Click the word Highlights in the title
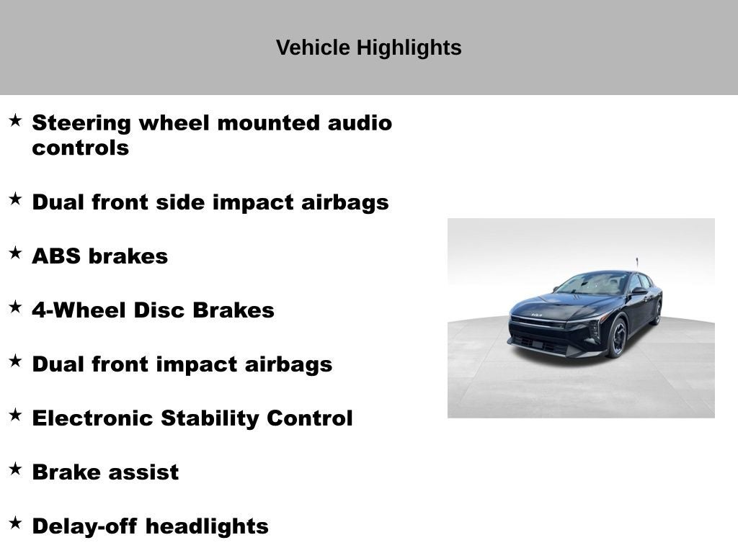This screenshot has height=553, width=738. pyautogui.click(x=409, y=48)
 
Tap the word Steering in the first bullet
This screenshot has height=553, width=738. pyautogui.click(x=81, y=124)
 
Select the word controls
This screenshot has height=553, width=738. pyautogui.click(x=81, y=148)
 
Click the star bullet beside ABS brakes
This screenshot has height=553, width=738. pyautogui.click(x=16, y=253)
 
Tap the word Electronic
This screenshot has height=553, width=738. pyautogui.click(x=92, y=418)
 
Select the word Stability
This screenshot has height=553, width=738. pyautogui.click(x=209, y=419)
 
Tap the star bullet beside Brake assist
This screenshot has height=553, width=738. pyautogui.click(x=16, y=469)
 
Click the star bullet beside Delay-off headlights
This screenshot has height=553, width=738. pyautogui.click(x=16, y=523)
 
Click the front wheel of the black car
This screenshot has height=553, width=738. pyautogui.click(x=618, y=337)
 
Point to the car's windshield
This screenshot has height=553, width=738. pyautogui.click(x=594, y=284)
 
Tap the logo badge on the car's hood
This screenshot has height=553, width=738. pyautogui.click(x=536, y=315)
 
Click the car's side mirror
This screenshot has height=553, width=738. pyautogui.click(x=639, y=291)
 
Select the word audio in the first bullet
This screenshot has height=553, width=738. pyautogui.click(x=360, y=123)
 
